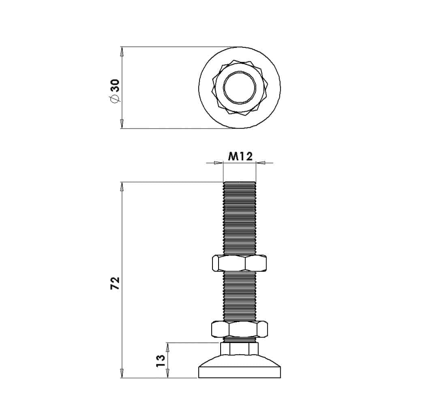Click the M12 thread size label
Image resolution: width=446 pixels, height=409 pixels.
(x=240, y=156)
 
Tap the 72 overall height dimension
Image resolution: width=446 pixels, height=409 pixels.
(x=116, y=283)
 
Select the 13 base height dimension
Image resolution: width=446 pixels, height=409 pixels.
(x=161, y=361)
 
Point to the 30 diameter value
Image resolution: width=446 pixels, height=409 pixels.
(x=115, y=85)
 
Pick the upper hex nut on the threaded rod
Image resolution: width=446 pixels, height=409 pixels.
(x=240, y=263)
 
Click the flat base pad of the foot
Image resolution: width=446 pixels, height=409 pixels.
(x=240, y=372)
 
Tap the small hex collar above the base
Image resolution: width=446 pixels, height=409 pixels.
(x=240, y=349)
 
